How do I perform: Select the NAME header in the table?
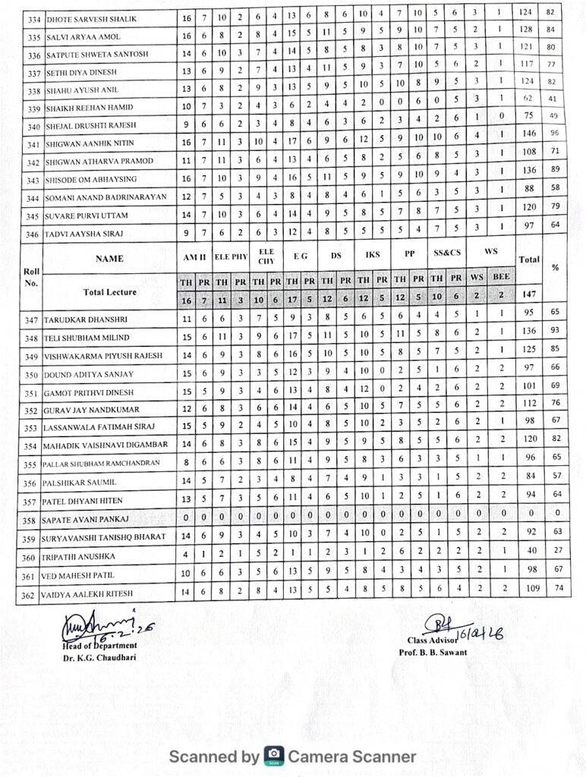pos(109,259)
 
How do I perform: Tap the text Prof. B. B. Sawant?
pos(433,653)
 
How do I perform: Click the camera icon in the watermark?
pos(273,756)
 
